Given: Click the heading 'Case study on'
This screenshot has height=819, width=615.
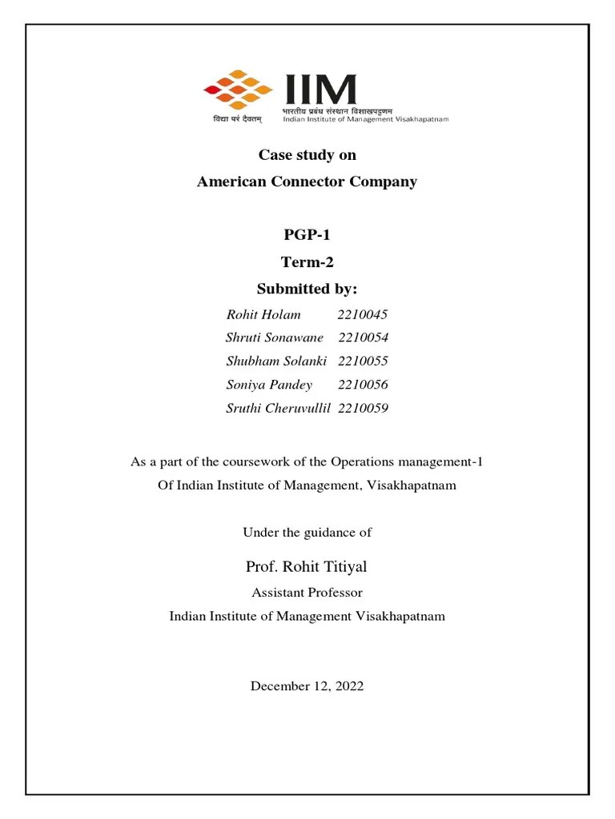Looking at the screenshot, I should [x=307, y=155].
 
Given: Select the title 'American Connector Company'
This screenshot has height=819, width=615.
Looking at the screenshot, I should [x=307, y=182].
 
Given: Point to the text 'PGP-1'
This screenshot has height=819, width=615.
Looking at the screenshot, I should [x=307, y=235].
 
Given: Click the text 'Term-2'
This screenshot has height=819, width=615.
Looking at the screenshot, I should [x=307, y=262].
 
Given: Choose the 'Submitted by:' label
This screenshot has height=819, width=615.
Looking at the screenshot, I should [x=307, y=288].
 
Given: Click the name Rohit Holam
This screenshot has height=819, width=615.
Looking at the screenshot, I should [x=263, y=314].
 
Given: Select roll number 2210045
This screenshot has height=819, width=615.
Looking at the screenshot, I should [x=363, y=314].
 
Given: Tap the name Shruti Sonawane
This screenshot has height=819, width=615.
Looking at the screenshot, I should [x=275, y=338].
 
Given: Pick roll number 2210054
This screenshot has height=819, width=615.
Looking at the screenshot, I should [x=364, y=338].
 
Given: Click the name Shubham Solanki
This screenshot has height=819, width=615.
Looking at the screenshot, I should [x=277, y=362].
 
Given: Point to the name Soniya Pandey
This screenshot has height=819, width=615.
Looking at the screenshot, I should [x=269, y=385].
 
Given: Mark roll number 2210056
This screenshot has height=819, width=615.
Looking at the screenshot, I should [x=363, y=385].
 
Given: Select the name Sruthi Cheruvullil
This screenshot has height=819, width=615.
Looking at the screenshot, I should [x=279, y=409].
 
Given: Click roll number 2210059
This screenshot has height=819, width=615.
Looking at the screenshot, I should [x=364, y=409].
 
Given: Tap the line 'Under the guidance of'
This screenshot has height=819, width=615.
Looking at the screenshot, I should [x=307, y=532].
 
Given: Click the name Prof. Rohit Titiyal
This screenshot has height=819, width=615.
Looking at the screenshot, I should [x=307, y=567].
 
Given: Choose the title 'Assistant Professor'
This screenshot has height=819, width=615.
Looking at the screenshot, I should [x=307, y=593].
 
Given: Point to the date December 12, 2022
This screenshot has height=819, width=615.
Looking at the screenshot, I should [x=307, y=686].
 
